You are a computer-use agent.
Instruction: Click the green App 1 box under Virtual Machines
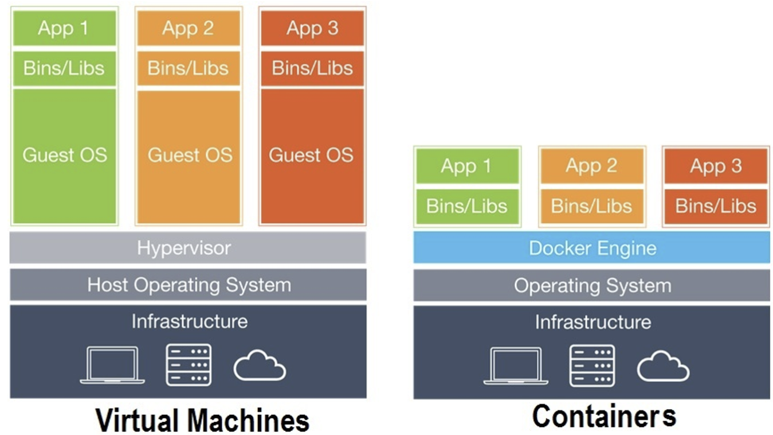pos(64,28)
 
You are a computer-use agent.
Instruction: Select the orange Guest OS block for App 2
pos(189,155)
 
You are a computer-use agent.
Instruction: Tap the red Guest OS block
pos(312,155)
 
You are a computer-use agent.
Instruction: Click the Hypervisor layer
pos(187,248)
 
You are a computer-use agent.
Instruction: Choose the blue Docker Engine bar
pos(591,248)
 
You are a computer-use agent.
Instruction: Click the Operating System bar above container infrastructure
pos(591,285)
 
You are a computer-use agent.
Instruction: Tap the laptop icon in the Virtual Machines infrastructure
pos(112,365)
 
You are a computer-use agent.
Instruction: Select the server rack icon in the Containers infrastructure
pos(591,365)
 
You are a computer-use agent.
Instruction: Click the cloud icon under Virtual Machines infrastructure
pos(260,367)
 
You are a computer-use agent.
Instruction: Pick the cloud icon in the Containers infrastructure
pos(663,367)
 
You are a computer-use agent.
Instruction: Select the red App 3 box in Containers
pos(715,166)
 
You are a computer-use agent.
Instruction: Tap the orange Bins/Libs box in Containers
pos(591,205)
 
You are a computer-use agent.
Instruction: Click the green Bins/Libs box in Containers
pos(467,205)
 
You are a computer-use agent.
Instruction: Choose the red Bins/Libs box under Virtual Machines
pos(312,68)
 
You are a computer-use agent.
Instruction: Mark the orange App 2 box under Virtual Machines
pos(189,28)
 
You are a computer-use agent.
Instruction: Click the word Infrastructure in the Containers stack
pos(592,321)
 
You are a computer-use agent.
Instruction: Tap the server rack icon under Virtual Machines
pos(189,365)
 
